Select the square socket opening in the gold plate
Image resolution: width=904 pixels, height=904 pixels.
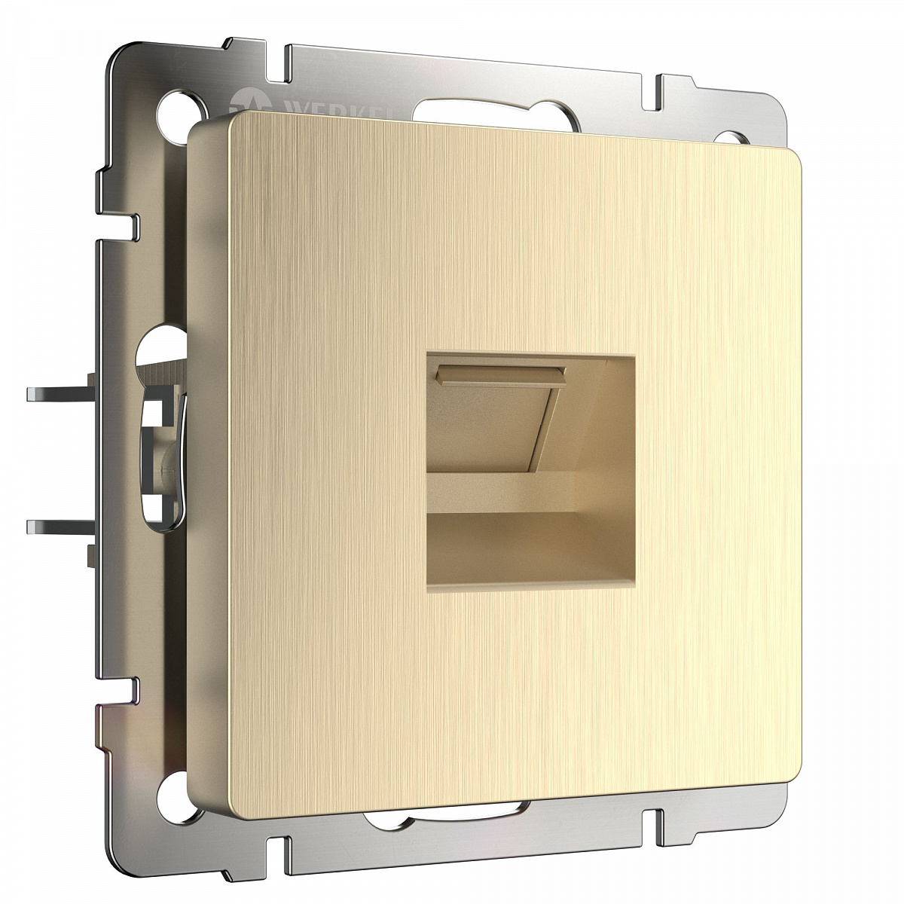(530, 460)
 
